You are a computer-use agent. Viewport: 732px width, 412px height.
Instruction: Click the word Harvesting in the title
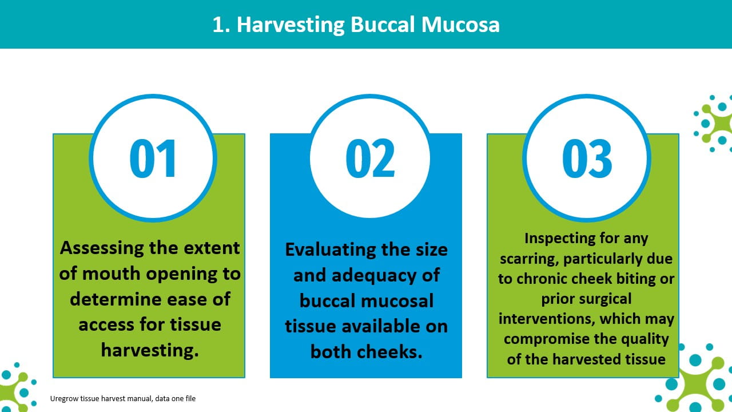coord(291,25)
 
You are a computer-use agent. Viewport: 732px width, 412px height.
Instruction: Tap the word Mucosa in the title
coord(460,25)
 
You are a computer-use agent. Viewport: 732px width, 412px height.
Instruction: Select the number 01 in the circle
coord(153,159)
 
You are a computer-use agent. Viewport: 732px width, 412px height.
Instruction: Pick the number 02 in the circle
coord(370,159)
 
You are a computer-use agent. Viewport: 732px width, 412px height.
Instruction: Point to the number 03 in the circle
coord(587,159)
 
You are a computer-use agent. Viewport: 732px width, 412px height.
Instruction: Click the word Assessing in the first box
coord(102,248)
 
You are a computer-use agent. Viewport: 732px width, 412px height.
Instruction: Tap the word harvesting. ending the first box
coord(150,351)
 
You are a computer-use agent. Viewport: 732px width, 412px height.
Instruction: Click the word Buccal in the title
coord(383,25)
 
